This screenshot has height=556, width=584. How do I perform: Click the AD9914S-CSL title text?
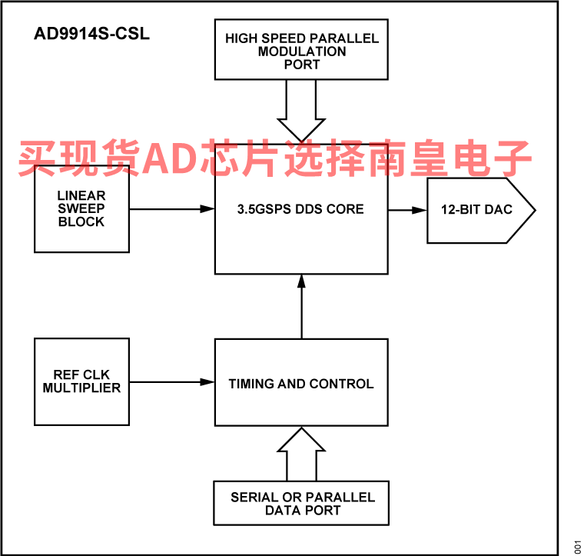[91, 34]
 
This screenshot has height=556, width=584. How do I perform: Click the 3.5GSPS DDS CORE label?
[300, 209]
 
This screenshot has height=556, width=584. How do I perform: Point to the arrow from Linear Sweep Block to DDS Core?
[172, 209]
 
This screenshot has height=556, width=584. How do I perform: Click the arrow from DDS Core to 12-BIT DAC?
[407, 210]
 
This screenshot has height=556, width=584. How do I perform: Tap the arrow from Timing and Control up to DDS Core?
[302, 306]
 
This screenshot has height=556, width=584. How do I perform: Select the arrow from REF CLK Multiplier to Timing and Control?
[172, 382]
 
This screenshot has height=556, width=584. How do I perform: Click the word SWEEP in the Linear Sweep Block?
[81, 208]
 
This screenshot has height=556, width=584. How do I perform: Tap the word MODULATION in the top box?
[302, 52]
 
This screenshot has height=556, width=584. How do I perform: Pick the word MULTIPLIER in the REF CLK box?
[81, 388]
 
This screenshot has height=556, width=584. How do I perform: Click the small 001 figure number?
[578, 547]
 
